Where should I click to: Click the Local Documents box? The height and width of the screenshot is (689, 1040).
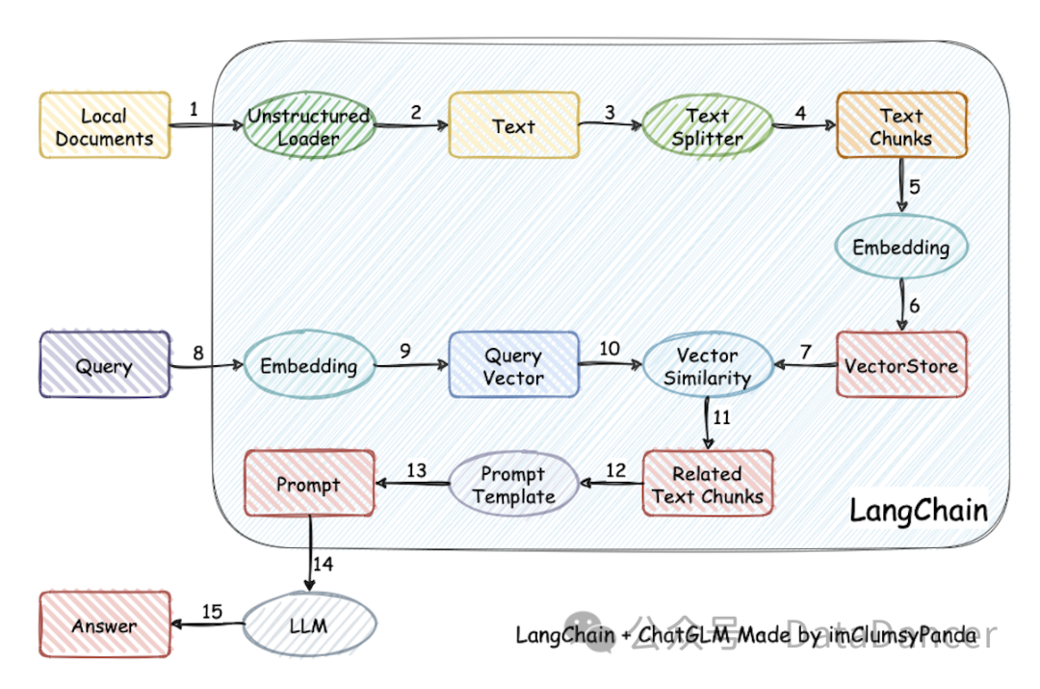(105, 125)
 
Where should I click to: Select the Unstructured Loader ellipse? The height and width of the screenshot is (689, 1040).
(309, 125)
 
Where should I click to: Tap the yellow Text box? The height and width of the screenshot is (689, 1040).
(514, 125)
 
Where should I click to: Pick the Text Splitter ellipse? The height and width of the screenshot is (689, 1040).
(708, 126)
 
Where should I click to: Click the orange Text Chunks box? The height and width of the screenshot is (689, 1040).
(901, 125)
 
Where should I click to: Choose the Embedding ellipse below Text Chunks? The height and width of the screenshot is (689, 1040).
(901, 247)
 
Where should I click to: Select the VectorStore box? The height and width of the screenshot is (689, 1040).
(901, 364)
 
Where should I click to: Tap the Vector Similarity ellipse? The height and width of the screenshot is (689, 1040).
(708, 364)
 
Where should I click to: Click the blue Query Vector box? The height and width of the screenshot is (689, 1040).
(514, 364)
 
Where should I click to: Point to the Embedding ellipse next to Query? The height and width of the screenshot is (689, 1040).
(309, 364)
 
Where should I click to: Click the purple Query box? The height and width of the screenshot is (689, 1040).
(105, 364)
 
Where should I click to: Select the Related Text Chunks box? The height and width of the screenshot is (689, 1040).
(708, 483)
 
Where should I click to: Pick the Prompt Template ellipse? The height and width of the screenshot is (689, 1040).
(514, 483)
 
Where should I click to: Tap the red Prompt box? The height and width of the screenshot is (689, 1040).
(309, 483)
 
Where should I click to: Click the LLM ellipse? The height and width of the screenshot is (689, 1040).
(309, 623)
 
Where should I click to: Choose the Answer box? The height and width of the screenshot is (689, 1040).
(105, 623)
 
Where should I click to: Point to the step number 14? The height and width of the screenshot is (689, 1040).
(323, 565)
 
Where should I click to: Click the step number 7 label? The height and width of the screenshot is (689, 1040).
(806, 352)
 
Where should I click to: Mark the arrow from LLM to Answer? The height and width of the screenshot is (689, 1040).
(208, 623)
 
